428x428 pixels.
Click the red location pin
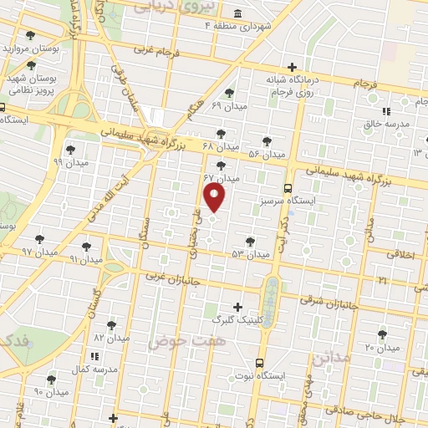coord(215,198)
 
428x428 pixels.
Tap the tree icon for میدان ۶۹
coord(230,93)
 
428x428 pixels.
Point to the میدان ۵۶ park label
coord(267,154)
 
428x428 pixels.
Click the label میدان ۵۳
coord(250,253)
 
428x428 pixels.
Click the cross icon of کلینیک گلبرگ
coord(238,307)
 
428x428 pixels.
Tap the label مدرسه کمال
coord(94,368)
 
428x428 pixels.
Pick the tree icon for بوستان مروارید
coord(31,36)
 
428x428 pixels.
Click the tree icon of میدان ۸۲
coord(110,324)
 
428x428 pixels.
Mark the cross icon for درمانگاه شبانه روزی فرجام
coord(291,67)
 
